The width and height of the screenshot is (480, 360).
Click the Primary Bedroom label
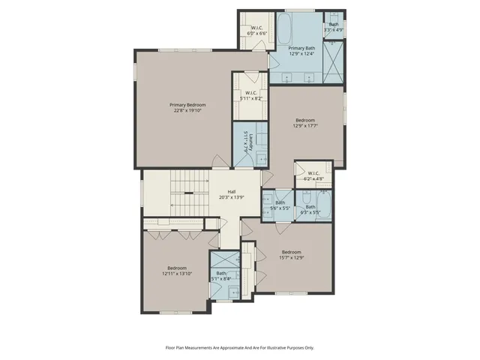[187, 104]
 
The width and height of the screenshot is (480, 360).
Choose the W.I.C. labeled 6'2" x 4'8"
[313, 175]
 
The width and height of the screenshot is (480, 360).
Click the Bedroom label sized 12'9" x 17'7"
[305, 123]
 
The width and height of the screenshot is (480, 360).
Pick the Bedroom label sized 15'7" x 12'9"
[292, 254]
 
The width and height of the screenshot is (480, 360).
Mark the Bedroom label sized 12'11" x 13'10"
[177, 271]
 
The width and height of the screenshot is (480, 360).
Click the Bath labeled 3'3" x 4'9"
[334, 27]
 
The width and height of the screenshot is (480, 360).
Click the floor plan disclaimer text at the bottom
[240, 347]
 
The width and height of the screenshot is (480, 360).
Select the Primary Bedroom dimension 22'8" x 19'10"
[187, 110]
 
